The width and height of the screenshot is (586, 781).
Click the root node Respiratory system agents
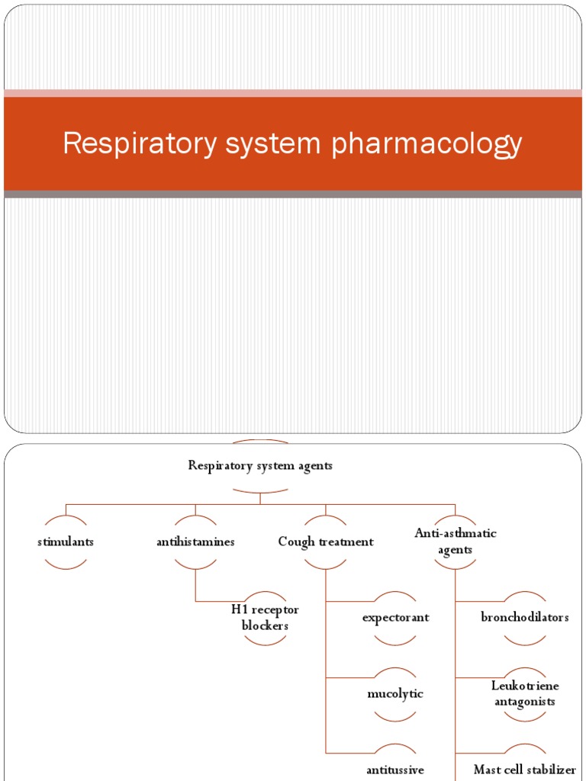(260, 466)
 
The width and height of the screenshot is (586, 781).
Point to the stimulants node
(66, 542)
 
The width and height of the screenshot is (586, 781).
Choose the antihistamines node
(195, 542)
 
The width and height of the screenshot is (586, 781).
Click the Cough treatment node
(326, 542)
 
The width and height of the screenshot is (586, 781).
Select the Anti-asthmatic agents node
(456, 542)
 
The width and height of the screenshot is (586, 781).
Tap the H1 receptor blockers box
(265, 618)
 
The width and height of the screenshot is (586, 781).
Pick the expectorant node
(395, 618)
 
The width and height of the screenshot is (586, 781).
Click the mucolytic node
(395, 694)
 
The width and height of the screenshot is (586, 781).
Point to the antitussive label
(395, 770)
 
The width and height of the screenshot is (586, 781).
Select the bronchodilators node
(525, 618)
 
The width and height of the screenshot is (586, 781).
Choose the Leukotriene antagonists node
(525, 694)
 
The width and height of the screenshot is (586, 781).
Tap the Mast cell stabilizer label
(525, 770)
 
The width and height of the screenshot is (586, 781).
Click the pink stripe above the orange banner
(293, 93)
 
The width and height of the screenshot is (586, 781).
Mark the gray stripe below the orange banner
(293, 194)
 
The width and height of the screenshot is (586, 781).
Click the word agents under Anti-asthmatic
(456, 550)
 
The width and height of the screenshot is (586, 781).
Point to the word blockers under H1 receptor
(265, 626)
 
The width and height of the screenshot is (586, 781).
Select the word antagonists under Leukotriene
(525, 702)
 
